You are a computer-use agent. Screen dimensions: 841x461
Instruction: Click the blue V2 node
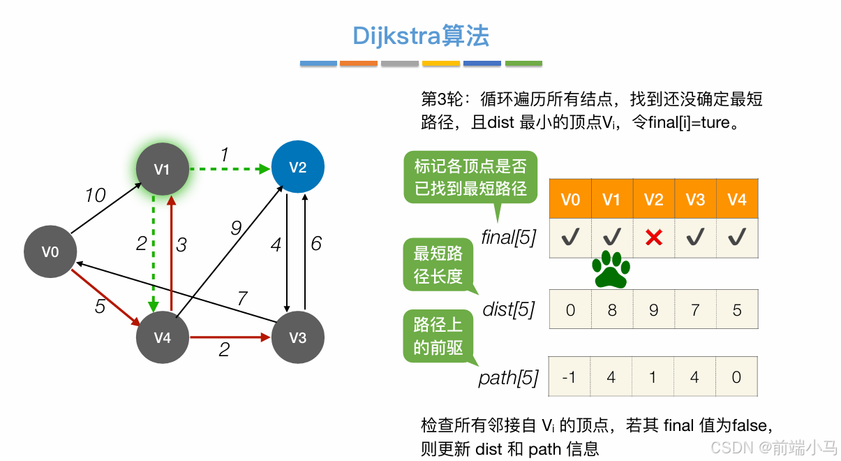298,168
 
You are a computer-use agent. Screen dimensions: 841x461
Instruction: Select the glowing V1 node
162,169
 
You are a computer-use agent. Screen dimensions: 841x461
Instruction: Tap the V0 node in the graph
50,251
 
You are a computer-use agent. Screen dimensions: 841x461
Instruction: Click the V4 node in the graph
162,337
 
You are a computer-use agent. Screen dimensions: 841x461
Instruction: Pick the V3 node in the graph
298,337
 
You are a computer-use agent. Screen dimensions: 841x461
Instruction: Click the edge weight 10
95,196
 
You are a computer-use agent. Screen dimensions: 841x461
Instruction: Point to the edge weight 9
236,227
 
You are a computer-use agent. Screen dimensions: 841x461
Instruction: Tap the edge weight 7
241,299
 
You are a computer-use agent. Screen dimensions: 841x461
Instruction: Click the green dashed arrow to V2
230,169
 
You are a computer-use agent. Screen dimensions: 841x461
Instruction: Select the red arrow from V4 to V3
230,337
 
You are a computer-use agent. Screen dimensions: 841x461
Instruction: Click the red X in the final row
653,238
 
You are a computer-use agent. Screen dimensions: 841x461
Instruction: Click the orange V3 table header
695,200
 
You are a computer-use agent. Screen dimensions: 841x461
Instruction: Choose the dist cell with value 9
653,309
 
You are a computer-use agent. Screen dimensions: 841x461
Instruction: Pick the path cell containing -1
570,377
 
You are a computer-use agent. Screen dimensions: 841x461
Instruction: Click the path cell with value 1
653,377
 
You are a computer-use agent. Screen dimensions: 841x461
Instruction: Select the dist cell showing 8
612,309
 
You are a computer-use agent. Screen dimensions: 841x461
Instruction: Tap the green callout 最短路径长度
438,265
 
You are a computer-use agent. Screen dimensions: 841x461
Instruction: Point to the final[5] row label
508,238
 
